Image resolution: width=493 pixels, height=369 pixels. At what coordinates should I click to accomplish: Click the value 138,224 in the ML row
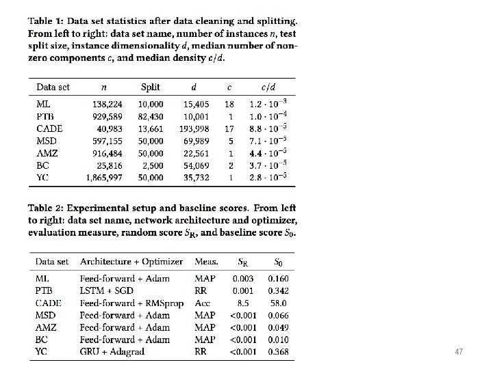pyautogui.click(x=108, y=105)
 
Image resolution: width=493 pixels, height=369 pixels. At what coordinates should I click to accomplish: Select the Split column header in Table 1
pyautogui.click(x=150, y=87)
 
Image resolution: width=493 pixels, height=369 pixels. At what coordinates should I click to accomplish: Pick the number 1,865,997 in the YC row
pyautogui.click(x=105, y=178)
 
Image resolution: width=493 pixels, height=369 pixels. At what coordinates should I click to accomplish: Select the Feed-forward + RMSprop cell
pyautogui.click(x=131, y=303)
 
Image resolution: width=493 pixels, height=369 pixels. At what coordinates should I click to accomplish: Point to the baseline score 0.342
pyautogui.click(x=278, y=290)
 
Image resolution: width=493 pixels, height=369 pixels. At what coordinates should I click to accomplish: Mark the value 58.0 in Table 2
pyautogui.click(x=278, y=303)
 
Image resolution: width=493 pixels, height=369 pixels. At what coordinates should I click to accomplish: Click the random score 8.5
pyautogui.click(x=242, y=303)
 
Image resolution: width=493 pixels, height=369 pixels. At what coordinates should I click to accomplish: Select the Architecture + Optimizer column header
pyautogui.click(x=131, y=261)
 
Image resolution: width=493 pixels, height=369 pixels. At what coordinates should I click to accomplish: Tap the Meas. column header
pyautogui.click(x=206, y=261)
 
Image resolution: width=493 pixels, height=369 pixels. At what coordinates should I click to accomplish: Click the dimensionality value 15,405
pyautogui.click(x=196, y=105)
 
